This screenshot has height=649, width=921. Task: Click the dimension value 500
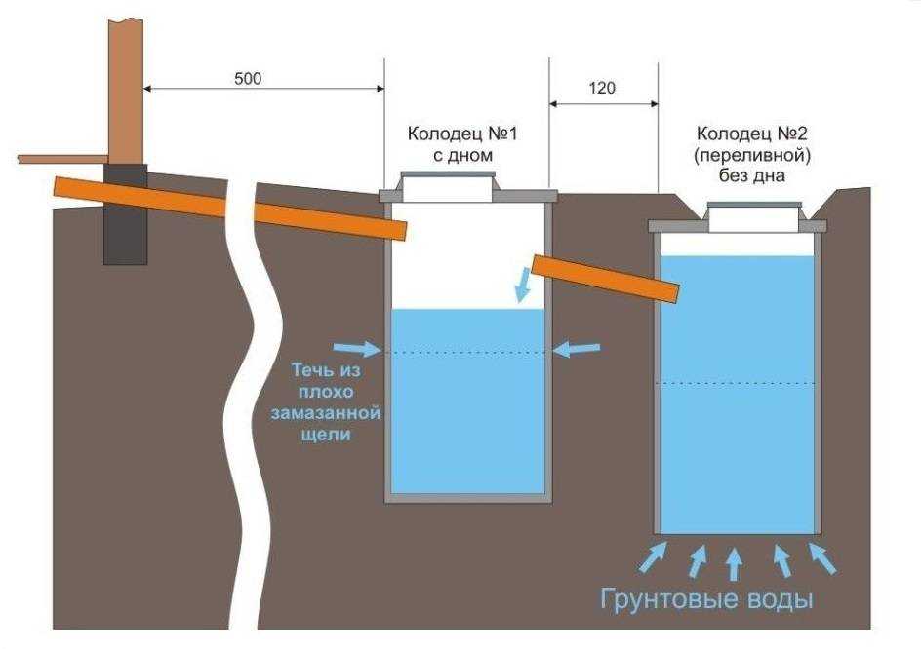point(248,78)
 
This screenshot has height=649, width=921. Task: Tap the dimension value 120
point(603,89)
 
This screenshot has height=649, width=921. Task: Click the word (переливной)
point(750,156)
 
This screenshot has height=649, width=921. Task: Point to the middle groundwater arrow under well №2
point(734,563)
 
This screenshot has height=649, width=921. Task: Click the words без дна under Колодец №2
point(750,176)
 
